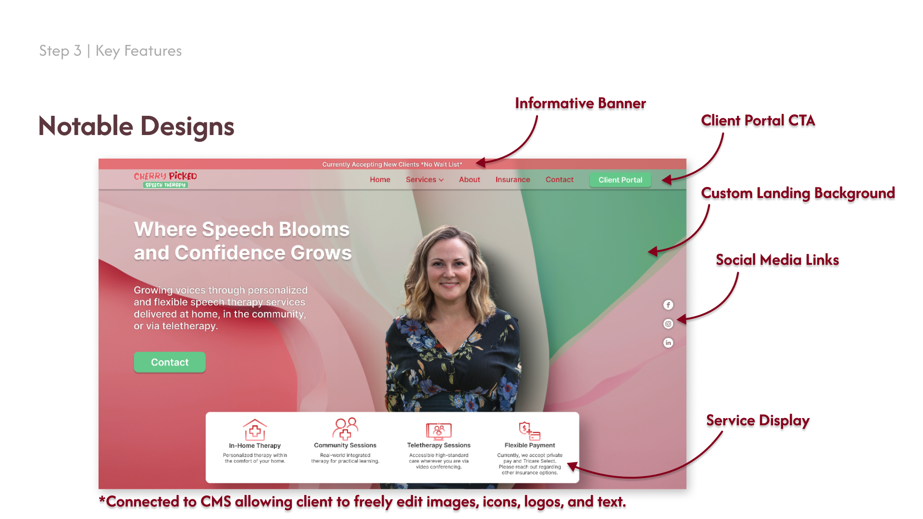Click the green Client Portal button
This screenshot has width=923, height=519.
620,180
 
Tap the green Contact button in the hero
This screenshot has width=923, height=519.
170,362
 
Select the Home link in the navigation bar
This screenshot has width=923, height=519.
380,180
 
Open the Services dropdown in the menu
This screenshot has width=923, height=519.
424,180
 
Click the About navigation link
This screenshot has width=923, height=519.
469,180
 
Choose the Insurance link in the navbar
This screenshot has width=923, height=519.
512,180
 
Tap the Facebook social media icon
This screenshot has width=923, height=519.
668,305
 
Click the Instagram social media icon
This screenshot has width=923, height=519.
668,324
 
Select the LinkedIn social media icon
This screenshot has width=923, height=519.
668,343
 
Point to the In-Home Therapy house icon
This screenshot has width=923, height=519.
255,430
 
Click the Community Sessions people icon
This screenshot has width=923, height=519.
345,429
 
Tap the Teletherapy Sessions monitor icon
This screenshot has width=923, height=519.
438,431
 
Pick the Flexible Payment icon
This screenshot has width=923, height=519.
529,431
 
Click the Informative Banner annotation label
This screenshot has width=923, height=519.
580,103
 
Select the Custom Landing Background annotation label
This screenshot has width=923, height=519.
798,193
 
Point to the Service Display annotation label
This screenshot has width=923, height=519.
758,420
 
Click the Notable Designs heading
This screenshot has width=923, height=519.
136,126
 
